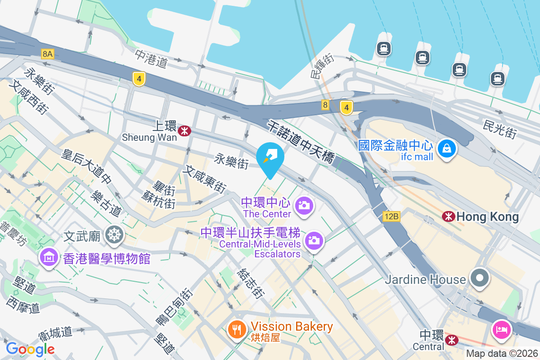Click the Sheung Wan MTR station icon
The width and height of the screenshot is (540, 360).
click(x=184, y=131)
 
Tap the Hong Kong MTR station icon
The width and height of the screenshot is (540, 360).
click(x=448, y=216)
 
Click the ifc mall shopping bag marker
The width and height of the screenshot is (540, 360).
click(x=447, y=148)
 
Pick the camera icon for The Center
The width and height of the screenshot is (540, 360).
click(x=304, y=206)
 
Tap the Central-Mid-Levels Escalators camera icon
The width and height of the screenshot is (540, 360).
click(x=314, y=240)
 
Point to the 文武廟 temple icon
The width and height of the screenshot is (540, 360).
click(x=115, y=235)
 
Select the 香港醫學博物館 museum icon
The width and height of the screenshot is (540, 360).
click(x=49, y=257)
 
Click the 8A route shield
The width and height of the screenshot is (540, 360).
click(x=47, y=54)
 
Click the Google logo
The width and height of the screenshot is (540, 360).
click(x=30, y=349)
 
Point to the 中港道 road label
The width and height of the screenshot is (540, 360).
click(x=152, y=58)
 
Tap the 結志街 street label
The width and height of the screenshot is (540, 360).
click(x=251, y=284)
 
